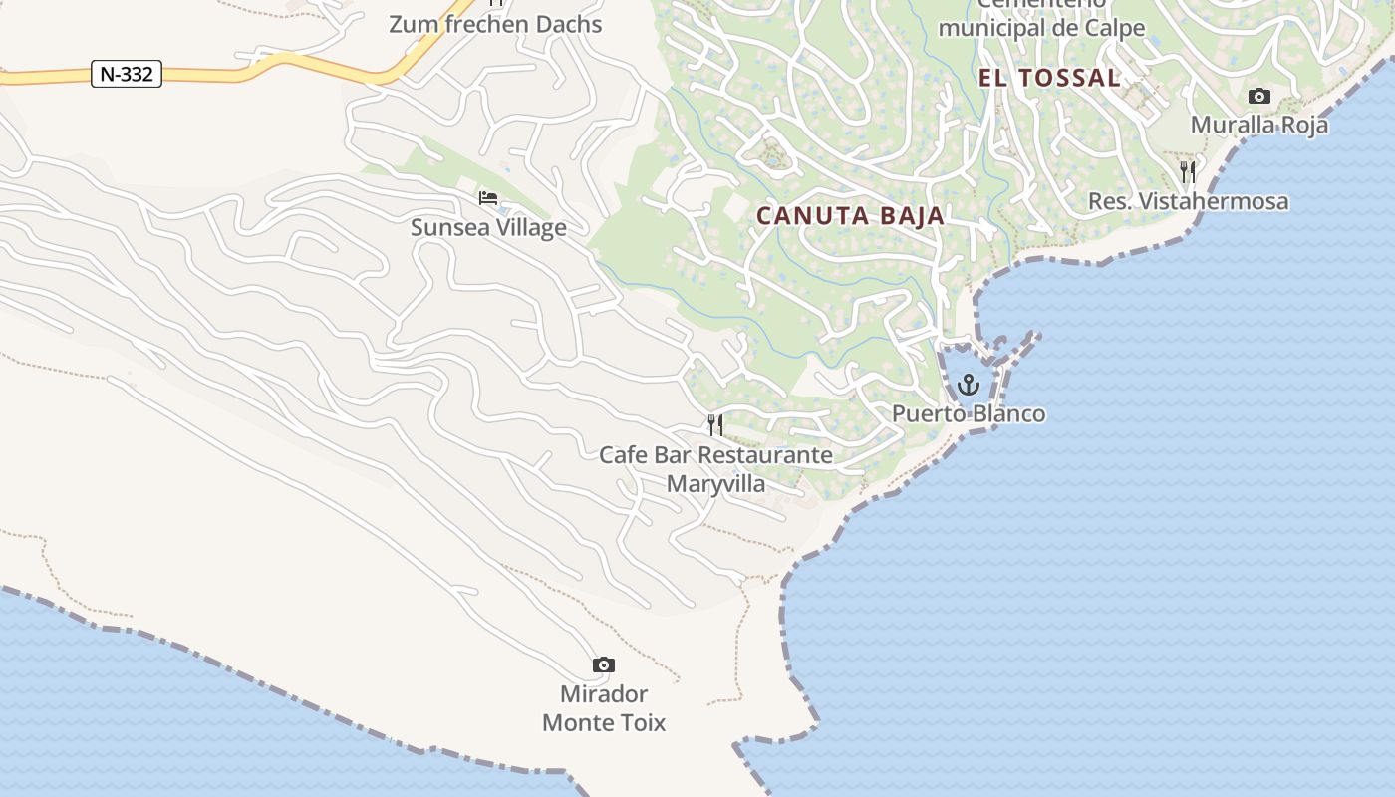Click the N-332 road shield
pyautogui.click(x=127, y=74)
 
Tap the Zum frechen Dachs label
pyautogui.click(x=495, y=24)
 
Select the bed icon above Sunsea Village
pyautogui.click(x=488, y=197)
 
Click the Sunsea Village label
pyautogui.click(x=488, y=227)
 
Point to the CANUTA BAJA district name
pyautogui.click(x=850, y=216)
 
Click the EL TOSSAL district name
pyautogui.click(x=1049, y=78)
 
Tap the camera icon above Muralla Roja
pyautogui.click(x=1259, y=97)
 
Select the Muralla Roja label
pyautogui.click(x=1259, y=125)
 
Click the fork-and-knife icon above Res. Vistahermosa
pyautogui.click(x=1188, y=172)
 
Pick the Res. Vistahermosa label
pyautogui.click(x=1188, y=201)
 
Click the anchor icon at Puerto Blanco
pyautogui.click(x=969, y=385)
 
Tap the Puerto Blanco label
pyautogui.click(x=969, y=413)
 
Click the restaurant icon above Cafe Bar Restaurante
pyautogui.click(x=715, y=425)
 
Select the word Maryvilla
pyautogui.click(x=715, y=484)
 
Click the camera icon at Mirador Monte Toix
pyautogui.click(x=603, y=664)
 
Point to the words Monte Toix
pyautogui.click(x=604, y=722)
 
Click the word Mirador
pyautogui.click(x=604, y=694)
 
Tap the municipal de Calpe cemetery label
pyautogui.click(x=1041, y=27)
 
